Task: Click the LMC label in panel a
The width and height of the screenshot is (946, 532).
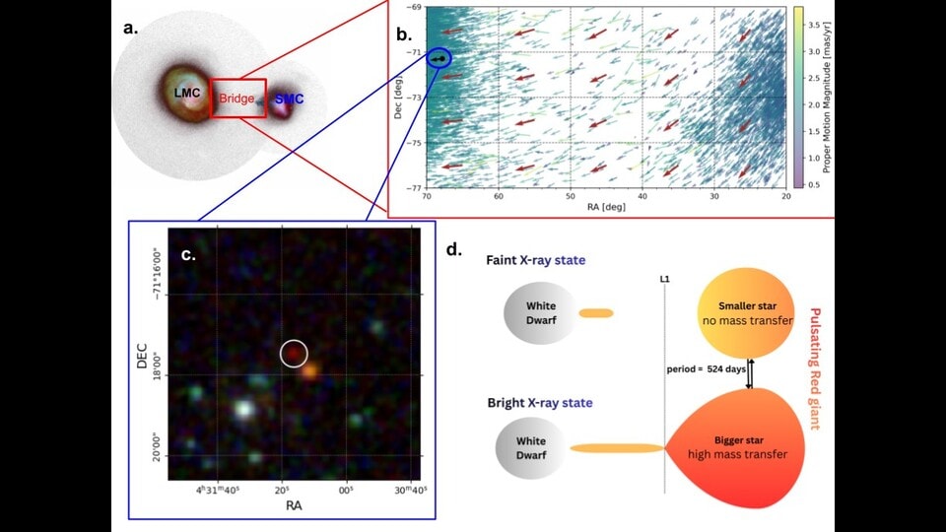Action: coord(187,93)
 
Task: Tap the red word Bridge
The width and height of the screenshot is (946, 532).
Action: coord(236,99)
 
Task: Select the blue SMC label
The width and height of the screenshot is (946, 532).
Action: coord(289,99)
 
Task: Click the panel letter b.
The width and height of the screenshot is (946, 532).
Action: coord(404,34)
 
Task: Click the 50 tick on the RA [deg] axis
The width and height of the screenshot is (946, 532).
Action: coord(571,196)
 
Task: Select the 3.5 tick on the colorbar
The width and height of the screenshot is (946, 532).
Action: coord(813,25)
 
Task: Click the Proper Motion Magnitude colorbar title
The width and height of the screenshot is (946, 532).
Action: coord(827,97)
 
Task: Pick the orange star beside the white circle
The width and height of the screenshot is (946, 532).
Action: coord(310,371)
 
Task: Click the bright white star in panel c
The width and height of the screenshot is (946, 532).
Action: coord(243,408)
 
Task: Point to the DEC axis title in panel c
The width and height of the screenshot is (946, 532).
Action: coord(142,356)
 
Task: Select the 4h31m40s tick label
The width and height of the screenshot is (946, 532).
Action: coord(217,490)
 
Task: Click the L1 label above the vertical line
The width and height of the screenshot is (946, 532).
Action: coord(665,279)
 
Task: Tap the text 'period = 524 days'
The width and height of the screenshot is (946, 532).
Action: coord(706,368)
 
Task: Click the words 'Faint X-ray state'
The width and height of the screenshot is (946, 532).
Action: coord(536,260)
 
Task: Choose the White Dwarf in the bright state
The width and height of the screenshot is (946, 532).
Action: coord(531,447)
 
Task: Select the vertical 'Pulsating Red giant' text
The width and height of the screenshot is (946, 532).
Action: coord(815,368)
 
